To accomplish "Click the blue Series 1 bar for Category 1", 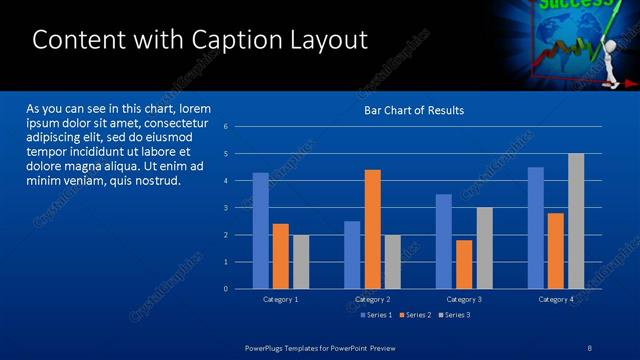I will point(260,231).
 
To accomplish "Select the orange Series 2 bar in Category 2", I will point(372,229).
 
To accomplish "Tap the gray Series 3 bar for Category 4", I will point(576,221).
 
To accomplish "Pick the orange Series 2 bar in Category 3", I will point(464,264).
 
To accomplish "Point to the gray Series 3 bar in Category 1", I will point(300,262).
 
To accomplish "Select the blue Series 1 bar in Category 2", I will point(352,255).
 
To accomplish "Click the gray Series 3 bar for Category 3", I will point(484,248).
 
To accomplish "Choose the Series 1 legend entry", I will point(376,315).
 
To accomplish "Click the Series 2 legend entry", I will point(415,315).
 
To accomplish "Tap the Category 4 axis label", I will point(556,299).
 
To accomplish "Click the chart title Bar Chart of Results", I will point(413,110).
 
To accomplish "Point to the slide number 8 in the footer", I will point(590,347).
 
